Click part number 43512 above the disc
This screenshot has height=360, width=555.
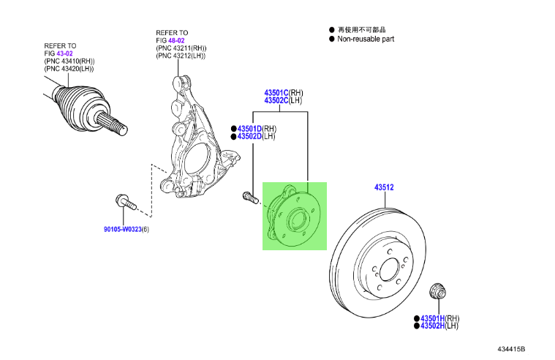pyautogui.click(x=385, y=188)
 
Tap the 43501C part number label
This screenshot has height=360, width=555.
pyautogui.click(x=276, y=93)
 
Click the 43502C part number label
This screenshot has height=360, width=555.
pyautogui.click(x=276, y=101)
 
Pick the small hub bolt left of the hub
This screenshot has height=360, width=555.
pyautogui.click(x=249, y=197)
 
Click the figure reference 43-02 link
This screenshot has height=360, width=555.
pyautogui.click(x=64, y=53)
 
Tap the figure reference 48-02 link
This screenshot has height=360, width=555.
pyautogui.click(x=175, y=40)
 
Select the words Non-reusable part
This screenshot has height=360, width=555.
pyautogui.click(x=366, y=39)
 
